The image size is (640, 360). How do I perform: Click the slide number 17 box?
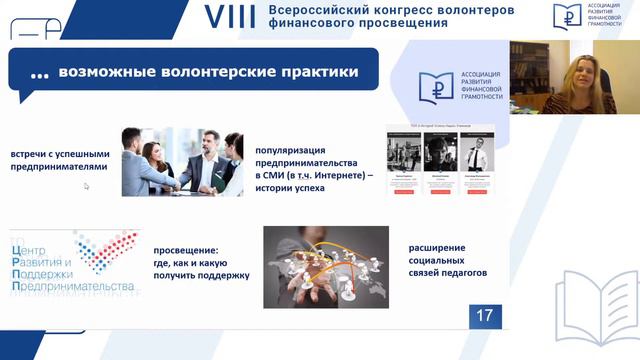coord(485,315)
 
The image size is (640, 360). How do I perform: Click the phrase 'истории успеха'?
coord(290,188)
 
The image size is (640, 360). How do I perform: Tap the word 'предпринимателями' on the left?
coord(58,167)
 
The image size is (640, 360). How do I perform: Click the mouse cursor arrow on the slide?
coord(86,185)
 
